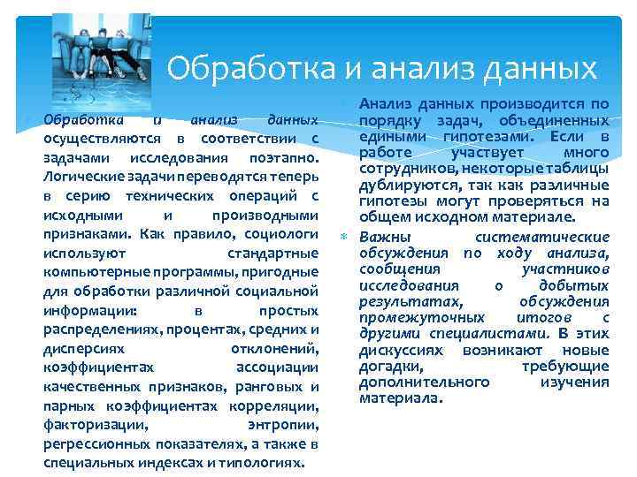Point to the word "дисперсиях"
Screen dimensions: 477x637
point(77,348)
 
